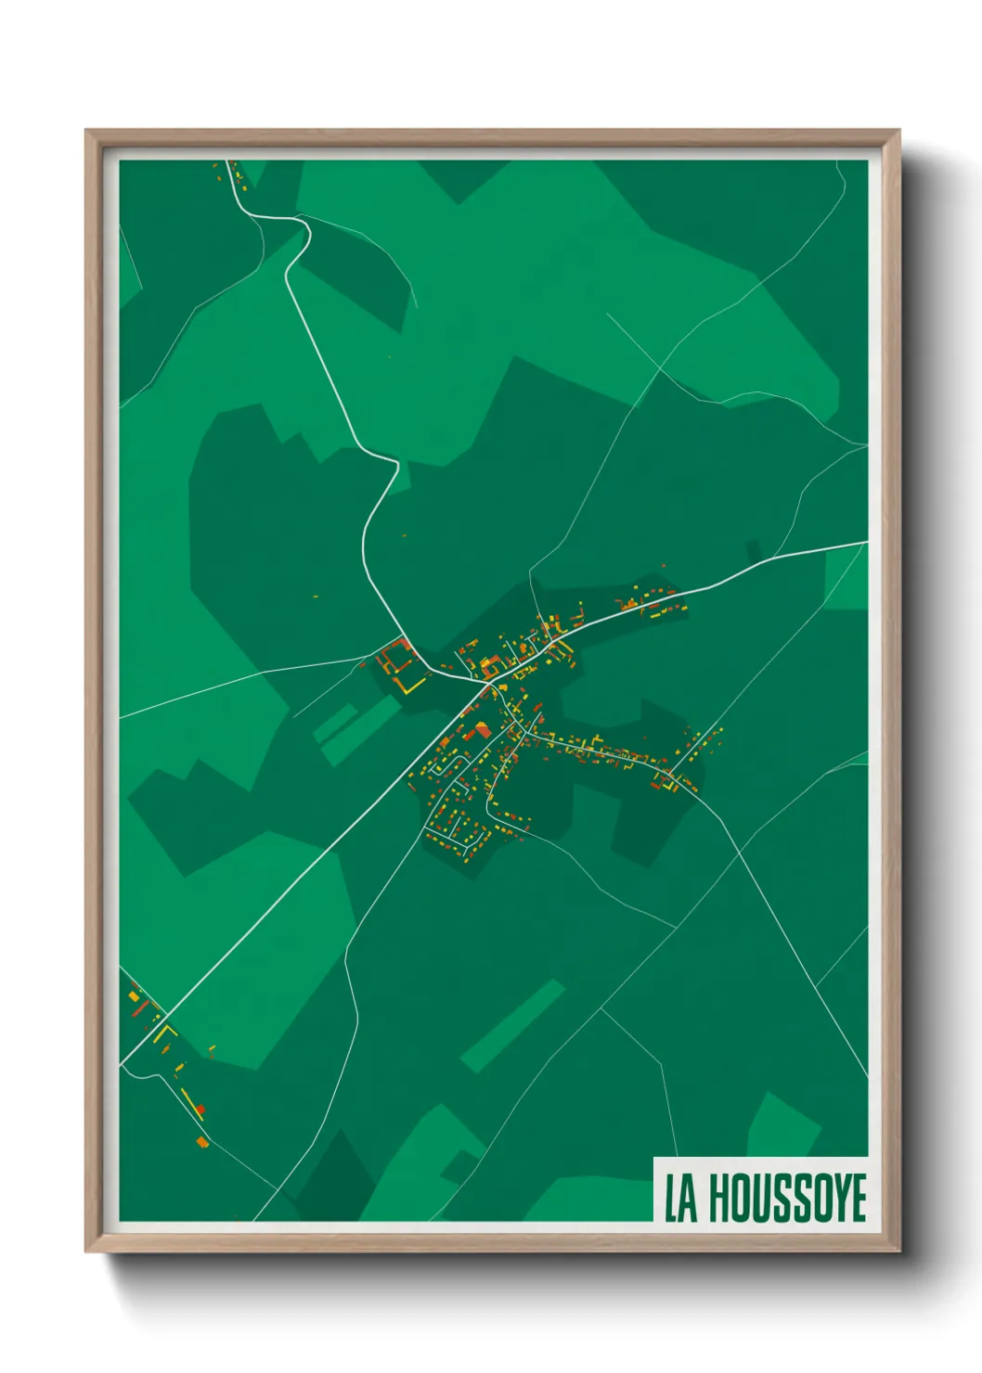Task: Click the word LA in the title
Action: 680,1198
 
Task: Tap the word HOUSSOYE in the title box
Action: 787,1198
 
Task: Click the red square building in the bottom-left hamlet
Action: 200,1109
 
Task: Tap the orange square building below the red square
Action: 202,1141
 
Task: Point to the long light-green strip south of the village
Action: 513,1025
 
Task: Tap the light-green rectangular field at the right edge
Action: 846,577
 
